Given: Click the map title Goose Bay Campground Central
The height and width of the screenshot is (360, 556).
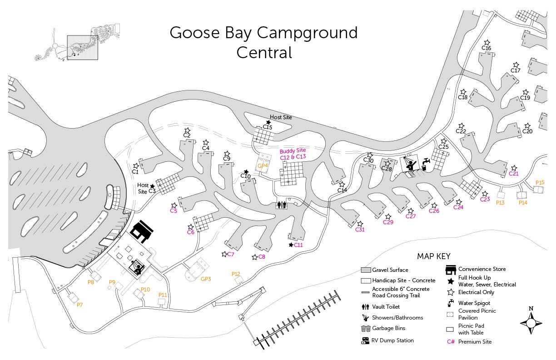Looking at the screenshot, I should tap(263, 42).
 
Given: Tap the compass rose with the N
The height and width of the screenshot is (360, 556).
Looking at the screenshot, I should tap(531, 323).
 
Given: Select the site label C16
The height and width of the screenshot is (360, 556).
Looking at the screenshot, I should tap(486, 48).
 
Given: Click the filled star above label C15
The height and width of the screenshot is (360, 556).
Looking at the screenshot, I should tap(268, 122).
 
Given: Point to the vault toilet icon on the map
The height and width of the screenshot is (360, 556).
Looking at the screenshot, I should tap(282, 205).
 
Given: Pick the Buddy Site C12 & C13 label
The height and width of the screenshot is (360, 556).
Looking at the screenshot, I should tap(293, 154).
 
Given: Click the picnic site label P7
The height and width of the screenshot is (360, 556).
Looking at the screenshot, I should tap(79, 305).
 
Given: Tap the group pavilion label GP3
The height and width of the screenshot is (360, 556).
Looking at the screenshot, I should tap(206, 279).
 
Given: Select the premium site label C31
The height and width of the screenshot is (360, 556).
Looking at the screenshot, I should tap(360, 230).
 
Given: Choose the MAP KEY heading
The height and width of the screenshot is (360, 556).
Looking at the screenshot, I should tap(433, 256).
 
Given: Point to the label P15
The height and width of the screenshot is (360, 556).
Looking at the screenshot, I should tap(540, 182).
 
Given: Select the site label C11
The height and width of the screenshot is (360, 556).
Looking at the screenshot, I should tap(298, 245).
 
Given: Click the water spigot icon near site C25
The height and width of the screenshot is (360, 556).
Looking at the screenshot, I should tap(426, 162).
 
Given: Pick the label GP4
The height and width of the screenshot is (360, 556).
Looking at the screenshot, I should tap(263, 165).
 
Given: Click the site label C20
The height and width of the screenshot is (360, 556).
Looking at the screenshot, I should tap(527, 131).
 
